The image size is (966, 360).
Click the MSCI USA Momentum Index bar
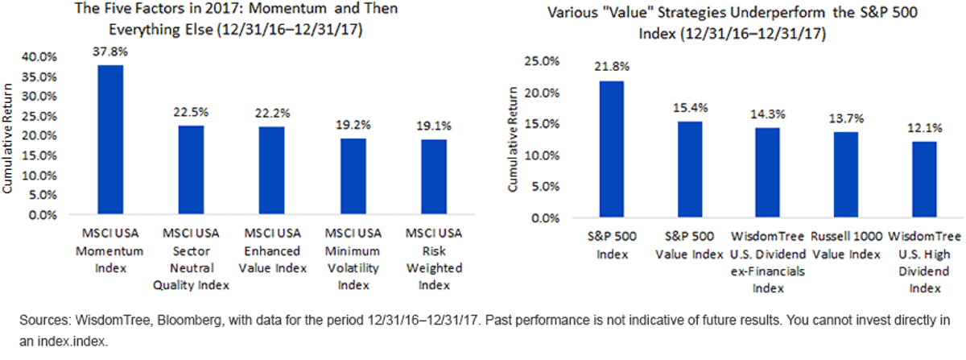[x=110, y=139]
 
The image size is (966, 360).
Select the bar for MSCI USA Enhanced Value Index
[x=272, y=171]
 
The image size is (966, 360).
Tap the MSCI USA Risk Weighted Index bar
[x=434, y=176]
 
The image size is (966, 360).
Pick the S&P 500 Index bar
[x=612, y=149]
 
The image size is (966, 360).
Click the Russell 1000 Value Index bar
[x=846, y=175]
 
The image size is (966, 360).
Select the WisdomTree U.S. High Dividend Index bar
[x=925, y=179]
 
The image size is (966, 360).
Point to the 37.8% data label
[x=110, y=52]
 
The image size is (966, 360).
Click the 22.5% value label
[x=191, y=112]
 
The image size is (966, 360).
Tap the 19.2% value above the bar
[x=353, y=125]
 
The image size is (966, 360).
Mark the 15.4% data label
[x=691, y=108]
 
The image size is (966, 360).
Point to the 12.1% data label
[x=925, y=128]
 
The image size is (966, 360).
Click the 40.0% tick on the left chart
[x=39, y=57]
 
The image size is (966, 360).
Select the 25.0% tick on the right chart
[x=542, y=61]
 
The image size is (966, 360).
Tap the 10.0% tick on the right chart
[x=542, y=155]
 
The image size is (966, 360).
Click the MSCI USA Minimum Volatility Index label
[x=353, y=259]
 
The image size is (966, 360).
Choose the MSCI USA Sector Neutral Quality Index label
[x=191, y=259]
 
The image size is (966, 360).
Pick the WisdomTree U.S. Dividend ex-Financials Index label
[x=768, y=262]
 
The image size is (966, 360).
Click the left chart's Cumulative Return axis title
[x=7, y=139]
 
